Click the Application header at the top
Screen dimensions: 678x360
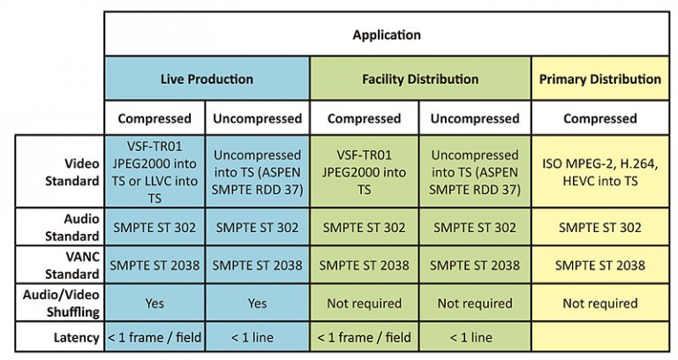[387, 34]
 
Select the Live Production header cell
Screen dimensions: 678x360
[207, 79]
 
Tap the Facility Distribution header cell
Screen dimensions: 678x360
[420, 79]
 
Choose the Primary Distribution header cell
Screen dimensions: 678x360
[600, 79]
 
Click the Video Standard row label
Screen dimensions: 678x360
[72, 172]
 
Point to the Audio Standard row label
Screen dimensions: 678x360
[72, 228]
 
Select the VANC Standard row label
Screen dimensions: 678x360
[72, 265]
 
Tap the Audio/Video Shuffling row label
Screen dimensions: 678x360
[62, 303]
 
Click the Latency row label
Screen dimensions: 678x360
[77, 337]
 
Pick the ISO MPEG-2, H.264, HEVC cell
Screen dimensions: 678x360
[600, 172]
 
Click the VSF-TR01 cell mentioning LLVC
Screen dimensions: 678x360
[154, 172]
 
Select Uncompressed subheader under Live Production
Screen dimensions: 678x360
[257, 118]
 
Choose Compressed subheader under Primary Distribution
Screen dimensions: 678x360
[600, 118]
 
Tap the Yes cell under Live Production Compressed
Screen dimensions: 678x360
[154, 303]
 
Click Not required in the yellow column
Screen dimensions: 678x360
[600, 303]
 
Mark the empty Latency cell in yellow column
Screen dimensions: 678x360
[600, 336]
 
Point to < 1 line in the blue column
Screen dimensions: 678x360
[252, 337]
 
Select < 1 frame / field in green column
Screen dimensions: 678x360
[364, 337]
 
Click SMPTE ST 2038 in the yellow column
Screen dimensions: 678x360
[600, 265]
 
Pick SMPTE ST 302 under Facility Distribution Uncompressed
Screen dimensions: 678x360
[475, 228]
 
